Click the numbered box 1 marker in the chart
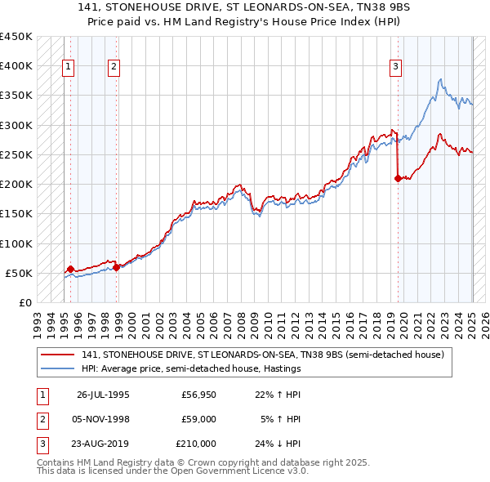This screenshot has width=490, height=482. point(68,67)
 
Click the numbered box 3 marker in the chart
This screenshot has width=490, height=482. point(395,67)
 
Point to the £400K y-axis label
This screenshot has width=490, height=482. point(16,66)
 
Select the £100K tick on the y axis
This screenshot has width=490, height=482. point(16,243)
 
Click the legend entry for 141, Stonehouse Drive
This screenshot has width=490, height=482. point(261,355)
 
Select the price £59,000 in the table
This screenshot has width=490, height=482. point(199,420)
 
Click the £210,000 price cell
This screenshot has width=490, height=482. point(196,444)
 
